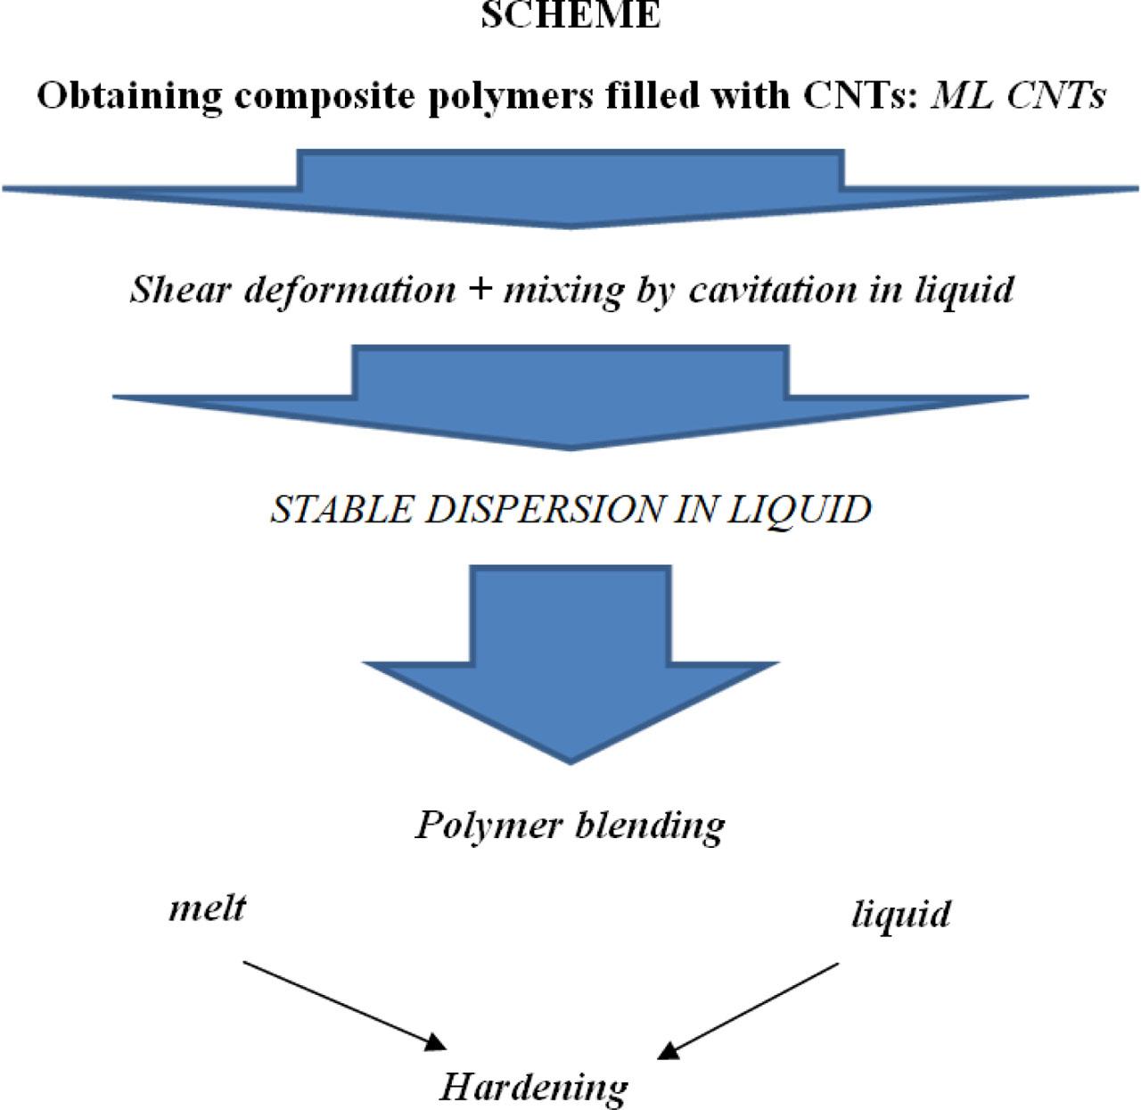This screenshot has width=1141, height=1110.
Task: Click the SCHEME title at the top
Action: pos(570,15)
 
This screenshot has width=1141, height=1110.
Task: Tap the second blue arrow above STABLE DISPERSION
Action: pos(570,397)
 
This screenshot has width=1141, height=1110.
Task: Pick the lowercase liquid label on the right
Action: pos(900,915)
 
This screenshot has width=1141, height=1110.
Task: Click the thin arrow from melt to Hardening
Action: pos(343,1004)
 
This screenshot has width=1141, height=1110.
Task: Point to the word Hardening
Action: pos(534,1087)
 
